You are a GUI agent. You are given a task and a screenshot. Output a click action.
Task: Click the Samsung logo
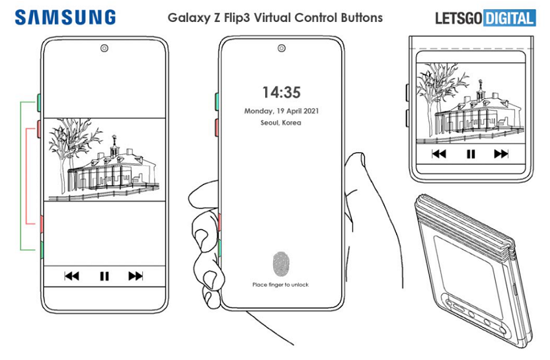[x=65, y=17]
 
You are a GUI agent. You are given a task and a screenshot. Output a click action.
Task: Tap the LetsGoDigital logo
[x=485, y=18]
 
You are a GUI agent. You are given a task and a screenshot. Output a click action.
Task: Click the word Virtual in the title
[x=272, y=17]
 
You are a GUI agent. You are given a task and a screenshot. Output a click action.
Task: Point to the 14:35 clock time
[x=281, y=93]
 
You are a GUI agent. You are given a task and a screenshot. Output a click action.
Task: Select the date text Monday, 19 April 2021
[x=281, y=111]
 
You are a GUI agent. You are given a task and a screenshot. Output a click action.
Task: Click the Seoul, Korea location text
[x=281, y=123]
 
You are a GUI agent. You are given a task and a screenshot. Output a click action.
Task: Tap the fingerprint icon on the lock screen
[x=281, y=264]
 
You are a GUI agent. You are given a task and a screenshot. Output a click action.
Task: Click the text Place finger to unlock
[x=280, y=284]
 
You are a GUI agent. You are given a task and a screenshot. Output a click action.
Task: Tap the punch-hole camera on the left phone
[x=104, y=48]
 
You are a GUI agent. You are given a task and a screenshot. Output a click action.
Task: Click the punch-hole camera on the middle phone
[x=281, y=48]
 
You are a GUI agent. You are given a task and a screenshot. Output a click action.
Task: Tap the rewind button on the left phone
[x=72, y=276]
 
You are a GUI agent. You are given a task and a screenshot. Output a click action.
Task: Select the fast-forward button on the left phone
[x=135, y=276]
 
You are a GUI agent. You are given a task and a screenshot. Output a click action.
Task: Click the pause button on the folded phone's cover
[x=470, y=154]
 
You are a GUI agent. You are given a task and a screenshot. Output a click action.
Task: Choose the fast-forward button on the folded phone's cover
[x=501, y=153]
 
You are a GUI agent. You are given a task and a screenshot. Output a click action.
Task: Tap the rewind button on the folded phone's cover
[x=439, y=153]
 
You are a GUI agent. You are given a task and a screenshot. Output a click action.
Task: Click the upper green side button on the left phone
[x=39, y=102]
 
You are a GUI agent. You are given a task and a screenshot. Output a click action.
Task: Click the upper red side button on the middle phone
[x=217, y=128]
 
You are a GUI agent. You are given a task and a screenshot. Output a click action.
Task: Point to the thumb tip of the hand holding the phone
[x=357, y=154]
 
